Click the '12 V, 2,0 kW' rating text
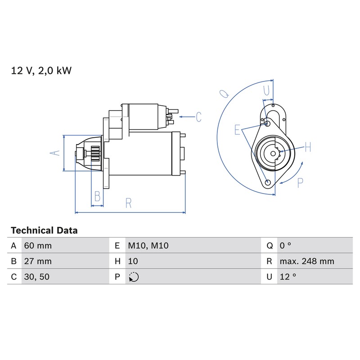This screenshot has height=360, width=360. click(41, 71)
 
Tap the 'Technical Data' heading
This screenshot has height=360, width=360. click(44, 230)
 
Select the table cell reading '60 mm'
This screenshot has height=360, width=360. click(38, 246)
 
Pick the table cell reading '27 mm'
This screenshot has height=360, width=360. click(38, 261)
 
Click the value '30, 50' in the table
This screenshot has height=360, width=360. click(37, 277)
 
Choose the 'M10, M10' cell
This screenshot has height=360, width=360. click(148, 246)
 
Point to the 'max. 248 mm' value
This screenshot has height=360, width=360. click(307, 261)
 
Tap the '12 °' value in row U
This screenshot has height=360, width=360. click(288, 277)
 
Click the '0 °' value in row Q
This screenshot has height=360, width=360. click(285, 246)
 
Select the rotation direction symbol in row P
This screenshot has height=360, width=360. click(134, 277)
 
